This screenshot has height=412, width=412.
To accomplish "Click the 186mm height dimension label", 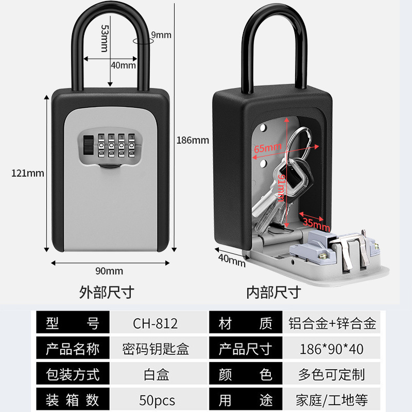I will tap(193, 140).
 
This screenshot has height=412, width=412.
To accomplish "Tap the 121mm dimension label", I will tap(28, 173).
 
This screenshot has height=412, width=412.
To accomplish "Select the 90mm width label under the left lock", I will tap(109, 271).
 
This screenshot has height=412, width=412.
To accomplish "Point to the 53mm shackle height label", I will tap(104, 38).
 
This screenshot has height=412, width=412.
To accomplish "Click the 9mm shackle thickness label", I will tap(161, 35).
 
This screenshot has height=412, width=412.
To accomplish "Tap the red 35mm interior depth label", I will tap(315, 223).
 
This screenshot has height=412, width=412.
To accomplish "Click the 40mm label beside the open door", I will tap(231, 260).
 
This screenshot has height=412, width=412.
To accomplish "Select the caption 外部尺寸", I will tap(107, 293).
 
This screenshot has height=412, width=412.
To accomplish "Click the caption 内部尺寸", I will tap(273, 293).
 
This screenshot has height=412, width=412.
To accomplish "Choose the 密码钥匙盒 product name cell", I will tap(157, 349).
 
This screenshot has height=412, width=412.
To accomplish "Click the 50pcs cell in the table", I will tap(157, 400).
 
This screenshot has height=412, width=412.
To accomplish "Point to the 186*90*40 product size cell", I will tap(331, 349).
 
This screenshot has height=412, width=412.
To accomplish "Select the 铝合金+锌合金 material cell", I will tap(331, 323).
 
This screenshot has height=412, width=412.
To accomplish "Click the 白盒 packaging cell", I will tap(157, 374).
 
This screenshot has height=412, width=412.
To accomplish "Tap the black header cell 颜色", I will tap(245, 374).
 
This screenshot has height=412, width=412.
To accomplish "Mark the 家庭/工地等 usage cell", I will tap(331, 400).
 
